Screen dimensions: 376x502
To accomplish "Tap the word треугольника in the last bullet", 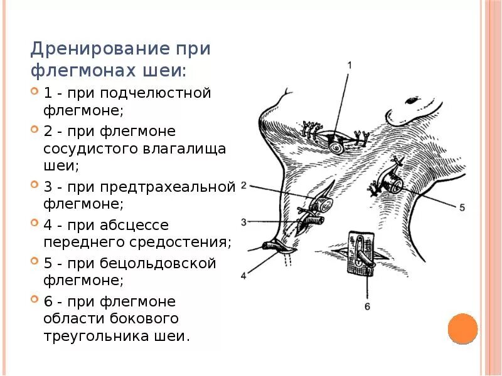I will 96,336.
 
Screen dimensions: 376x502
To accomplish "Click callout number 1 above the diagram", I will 350,65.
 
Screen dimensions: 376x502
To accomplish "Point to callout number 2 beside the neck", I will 244,185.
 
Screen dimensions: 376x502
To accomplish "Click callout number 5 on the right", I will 462,207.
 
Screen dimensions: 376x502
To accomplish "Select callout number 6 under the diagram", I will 367,306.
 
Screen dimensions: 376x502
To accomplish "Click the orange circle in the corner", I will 463,328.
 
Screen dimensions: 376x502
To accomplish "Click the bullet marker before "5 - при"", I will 35,262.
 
